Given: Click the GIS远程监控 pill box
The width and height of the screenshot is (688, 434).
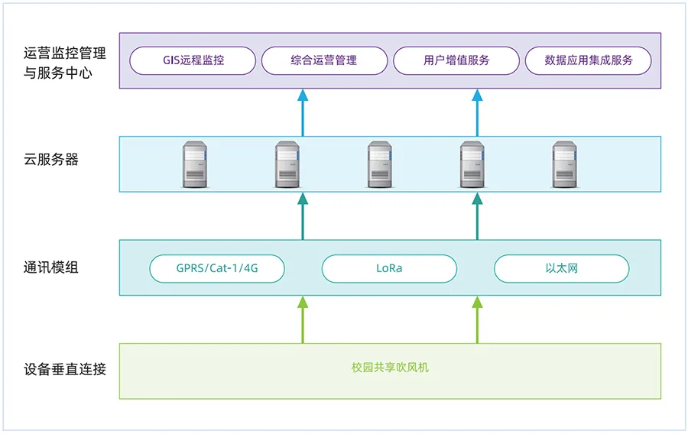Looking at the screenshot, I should point(193,61).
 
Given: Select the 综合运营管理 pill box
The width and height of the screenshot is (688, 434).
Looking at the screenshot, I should point(324,61).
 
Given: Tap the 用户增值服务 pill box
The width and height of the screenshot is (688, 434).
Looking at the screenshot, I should point(456,61).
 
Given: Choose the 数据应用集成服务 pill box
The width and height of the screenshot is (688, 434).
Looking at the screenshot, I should point(588,61).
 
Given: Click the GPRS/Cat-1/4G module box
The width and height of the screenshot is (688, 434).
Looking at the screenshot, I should point(217,269).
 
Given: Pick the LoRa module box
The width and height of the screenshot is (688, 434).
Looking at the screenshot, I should point(389,269).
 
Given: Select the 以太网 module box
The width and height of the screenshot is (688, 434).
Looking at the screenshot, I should point(561,269).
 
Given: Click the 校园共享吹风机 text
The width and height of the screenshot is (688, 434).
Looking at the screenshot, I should point(390,368).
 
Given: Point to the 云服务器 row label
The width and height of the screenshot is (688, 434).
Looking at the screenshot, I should point(51,160).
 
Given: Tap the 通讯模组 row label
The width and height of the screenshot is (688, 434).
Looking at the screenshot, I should point(51,267).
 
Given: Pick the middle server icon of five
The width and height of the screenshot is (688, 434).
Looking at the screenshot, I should point(379,164).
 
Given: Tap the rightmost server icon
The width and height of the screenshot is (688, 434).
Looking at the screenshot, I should point(564,164).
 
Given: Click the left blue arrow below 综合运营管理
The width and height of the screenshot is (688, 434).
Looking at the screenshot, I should point(303,112).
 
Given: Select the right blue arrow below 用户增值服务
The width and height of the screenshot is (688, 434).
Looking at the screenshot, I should point(477,112).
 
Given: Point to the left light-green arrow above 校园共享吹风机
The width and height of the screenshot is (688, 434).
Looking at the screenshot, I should point(303,319).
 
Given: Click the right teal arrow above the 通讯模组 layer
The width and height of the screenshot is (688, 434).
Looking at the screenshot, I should point(477,215).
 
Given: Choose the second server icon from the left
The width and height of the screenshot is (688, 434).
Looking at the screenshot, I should point(287,164).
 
